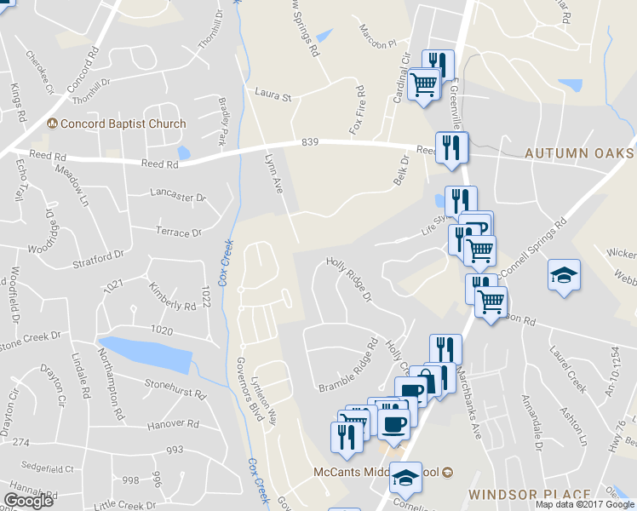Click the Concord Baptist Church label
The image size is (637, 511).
click(123, 124)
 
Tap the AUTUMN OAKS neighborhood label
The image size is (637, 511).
click(579, 153)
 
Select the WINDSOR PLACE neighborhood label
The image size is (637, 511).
click(529, 495)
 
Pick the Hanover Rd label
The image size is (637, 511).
click(174, 423)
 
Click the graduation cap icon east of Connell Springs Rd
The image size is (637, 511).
click(564, 275)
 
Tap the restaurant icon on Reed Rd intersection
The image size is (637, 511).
click(451, 147)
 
